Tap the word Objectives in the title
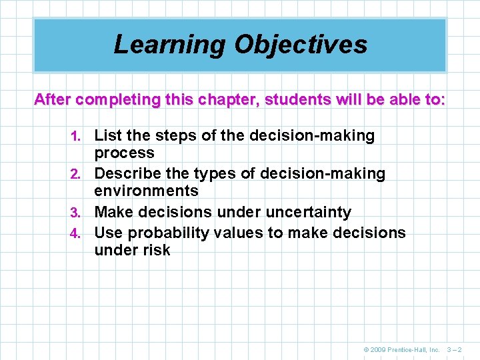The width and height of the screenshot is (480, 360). [301, 45]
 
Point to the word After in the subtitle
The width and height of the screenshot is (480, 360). [53, 100]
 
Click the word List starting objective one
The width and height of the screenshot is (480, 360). [109, 136]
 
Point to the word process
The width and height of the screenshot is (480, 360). [124, 153]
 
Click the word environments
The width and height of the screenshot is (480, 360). [146, 191]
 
